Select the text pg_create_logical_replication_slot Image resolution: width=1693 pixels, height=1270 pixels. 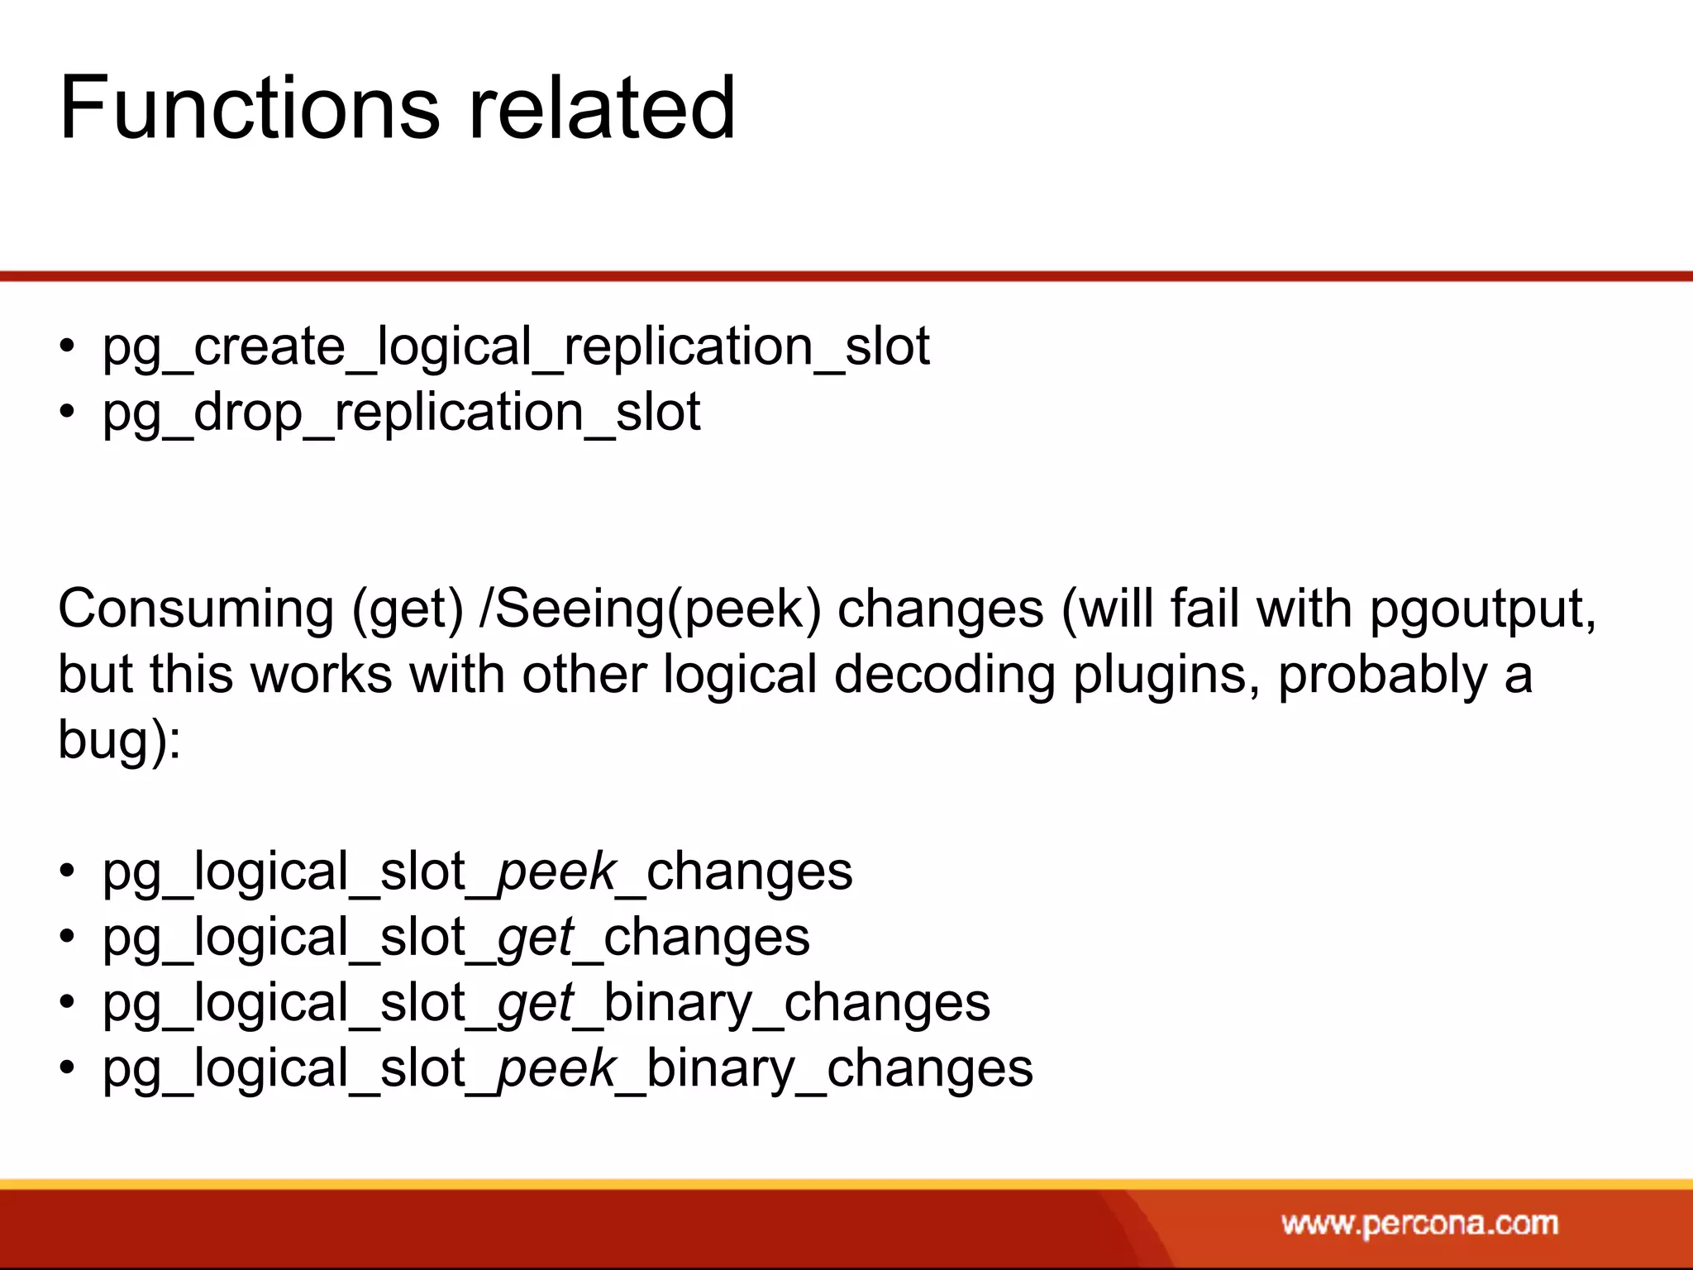pos(516,347)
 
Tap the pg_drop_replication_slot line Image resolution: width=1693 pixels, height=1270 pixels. pos(401,413)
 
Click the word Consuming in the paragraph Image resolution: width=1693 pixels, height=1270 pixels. pos(196,610)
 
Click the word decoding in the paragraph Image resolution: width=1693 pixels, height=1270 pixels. pos(945,676)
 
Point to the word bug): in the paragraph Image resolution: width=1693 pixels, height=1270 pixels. pos(119,739)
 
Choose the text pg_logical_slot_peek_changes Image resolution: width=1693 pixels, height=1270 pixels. pos(477,873)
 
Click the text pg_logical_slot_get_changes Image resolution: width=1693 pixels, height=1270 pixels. pos(455,938)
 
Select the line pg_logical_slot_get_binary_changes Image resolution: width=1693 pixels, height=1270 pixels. pos(546,1004)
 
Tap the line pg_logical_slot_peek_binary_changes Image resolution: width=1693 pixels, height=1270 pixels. pos(567,1069)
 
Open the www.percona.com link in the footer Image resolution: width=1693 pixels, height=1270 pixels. pos(1419,1224)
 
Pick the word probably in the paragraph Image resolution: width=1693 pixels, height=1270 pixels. pos(1382,676)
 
